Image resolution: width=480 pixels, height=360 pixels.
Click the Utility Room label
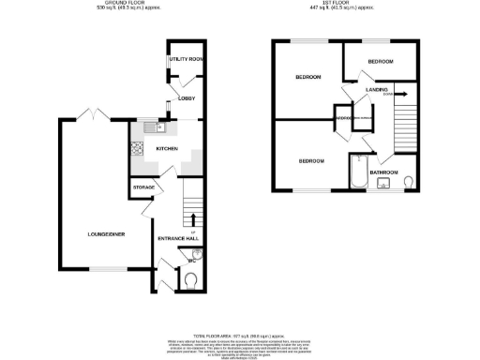click(x=187, y=59)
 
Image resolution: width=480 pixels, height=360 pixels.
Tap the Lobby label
click(x=186, y=97)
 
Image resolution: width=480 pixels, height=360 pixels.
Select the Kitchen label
click(x=167, y=149)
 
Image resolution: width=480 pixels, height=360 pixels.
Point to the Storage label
click(x=143, y=187)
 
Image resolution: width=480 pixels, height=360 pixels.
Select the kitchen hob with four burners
click(x=138, y=147)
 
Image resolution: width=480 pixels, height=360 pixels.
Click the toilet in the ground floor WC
click(x=190, y=278)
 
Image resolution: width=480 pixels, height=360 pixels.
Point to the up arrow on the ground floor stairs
click(x=193, y=220)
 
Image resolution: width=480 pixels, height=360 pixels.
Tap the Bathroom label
click(x=384, y=172)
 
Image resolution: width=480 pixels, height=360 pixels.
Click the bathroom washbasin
click(x=382, y=183)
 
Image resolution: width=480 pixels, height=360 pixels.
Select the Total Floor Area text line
click(x=238, y=335)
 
